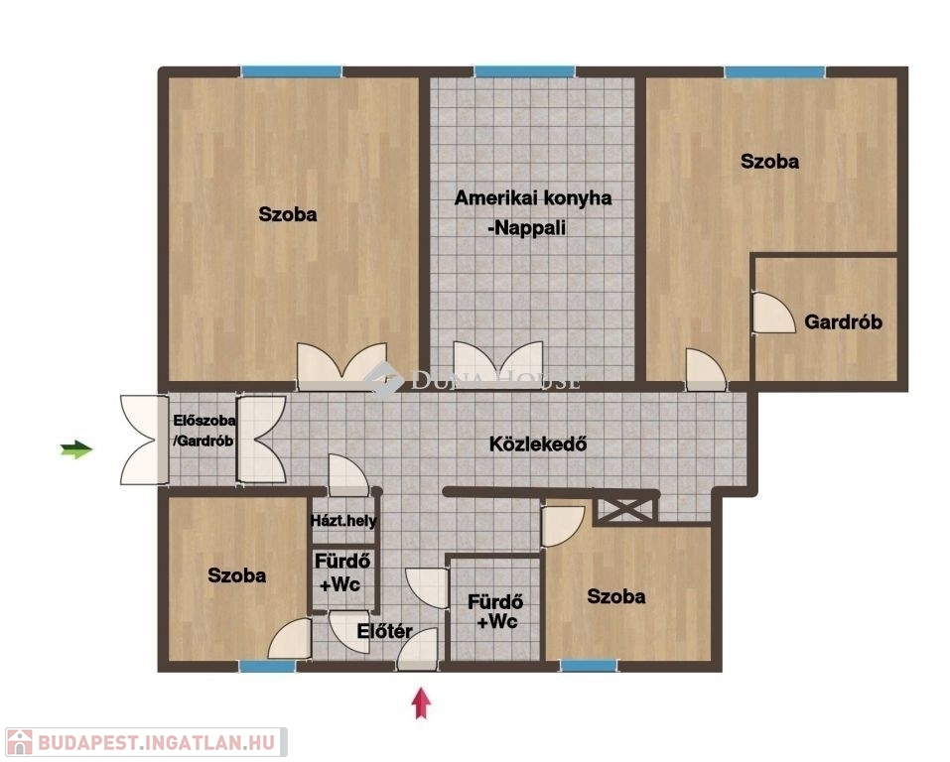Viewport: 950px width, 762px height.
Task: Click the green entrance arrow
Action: [76, 449]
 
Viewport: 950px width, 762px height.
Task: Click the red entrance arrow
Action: [422, 702]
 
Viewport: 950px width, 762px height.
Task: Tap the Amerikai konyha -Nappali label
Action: [532, 212]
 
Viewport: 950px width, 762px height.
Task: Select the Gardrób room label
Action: [843, 321]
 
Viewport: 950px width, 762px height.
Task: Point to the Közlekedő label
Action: [538, 444]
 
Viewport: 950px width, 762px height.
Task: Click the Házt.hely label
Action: [342, 521]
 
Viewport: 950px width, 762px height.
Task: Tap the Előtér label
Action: [384, 631]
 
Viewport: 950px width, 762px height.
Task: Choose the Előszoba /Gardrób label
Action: [204, 431]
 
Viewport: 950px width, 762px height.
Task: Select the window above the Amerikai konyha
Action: [525, 72]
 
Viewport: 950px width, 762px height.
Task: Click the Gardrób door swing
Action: [773, 313]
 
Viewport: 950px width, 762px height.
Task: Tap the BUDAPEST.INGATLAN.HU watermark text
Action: [156, 742]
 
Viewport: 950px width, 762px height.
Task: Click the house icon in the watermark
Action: [19, 742]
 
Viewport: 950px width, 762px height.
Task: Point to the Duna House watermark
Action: [472, 380]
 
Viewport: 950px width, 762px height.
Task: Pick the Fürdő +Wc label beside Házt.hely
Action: [341, 572]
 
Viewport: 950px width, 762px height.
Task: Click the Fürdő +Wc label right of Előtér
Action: [495, 612]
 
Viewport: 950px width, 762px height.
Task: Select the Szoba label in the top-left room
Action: [288, 214]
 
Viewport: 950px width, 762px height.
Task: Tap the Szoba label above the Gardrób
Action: [769, 162]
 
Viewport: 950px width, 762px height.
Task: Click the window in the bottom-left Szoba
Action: [267, 667]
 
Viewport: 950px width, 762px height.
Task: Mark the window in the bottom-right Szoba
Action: [589, 667]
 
